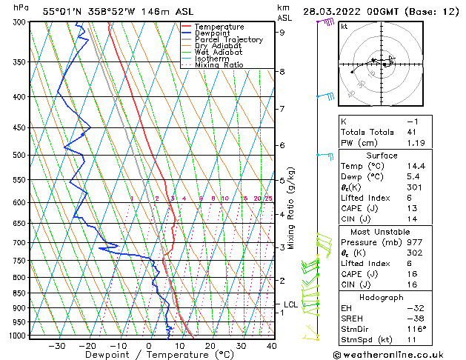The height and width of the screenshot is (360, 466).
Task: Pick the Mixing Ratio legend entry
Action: pos(219,65)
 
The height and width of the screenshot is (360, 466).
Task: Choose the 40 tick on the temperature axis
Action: pos(271,345)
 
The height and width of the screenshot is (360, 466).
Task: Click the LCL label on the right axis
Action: pos(291,304)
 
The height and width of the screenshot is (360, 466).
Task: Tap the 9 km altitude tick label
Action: pos(282,33)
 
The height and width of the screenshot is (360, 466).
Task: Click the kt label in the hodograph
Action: pos(344,27)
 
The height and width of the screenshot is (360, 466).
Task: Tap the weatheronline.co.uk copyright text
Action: pos(397,353)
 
